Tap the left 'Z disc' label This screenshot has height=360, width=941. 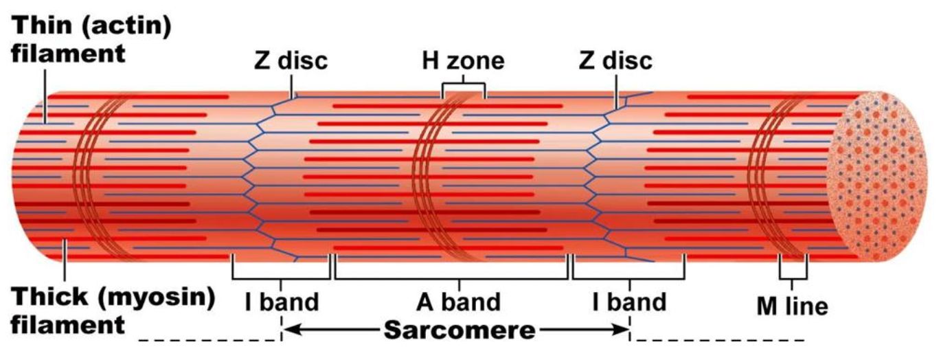coord(291,61)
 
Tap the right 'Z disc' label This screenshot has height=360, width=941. coord(615,61)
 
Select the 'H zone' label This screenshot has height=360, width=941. coord(463,61)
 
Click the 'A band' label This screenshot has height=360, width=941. coord(459,302)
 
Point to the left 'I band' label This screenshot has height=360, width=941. coord(282,302)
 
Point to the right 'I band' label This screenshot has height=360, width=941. coord(629,302)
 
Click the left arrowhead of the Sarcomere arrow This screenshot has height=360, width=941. coord(288,330)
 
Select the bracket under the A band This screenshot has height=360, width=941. coord(451,278)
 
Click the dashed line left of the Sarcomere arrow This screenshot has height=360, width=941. coord(206,340)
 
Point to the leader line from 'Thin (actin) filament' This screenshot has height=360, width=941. coord(45,100)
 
